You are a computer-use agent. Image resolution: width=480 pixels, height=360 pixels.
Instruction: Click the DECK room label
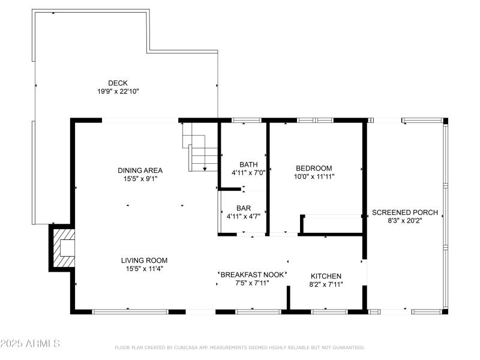pos(118,83)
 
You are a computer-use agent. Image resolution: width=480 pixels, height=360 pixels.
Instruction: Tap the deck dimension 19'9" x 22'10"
pos(118,92)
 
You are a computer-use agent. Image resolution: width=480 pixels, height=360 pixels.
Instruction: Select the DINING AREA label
pos(140,170)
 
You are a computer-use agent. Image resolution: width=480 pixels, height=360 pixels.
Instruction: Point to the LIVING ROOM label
pos(144,260)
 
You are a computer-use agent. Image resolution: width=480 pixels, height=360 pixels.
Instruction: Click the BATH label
pos(248,164)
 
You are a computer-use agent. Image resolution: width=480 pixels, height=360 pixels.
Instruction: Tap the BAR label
pos(243,208)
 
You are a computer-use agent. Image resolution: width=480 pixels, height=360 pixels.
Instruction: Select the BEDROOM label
pos(314,168)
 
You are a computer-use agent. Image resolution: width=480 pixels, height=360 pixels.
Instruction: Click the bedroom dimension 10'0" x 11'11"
pos(314,177)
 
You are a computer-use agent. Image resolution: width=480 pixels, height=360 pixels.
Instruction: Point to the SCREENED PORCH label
pos(405,212)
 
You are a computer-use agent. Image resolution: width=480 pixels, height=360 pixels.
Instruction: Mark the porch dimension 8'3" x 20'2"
pos(405,221)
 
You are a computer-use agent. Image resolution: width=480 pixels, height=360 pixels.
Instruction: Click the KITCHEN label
pos(325,276)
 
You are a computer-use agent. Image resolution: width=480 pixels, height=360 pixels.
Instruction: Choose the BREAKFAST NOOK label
pos(252,274)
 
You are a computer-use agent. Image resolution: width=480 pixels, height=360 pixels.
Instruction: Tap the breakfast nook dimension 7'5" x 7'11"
pos(252,283)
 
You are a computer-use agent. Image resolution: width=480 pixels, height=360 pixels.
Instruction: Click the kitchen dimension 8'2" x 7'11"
pos(325,285)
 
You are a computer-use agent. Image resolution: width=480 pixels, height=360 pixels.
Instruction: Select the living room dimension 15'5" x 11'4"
pos(144,269)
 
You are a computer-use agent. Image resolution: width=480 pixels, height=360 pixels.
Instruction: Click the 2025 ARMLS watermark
pos(30,344)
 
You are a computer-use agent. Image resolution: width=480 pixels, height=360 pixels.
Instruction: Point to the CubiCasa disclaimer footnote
pos(239,347)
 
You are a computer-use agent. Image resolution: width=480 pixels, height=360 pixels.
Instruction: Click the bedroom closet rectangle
pos(332,224)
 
